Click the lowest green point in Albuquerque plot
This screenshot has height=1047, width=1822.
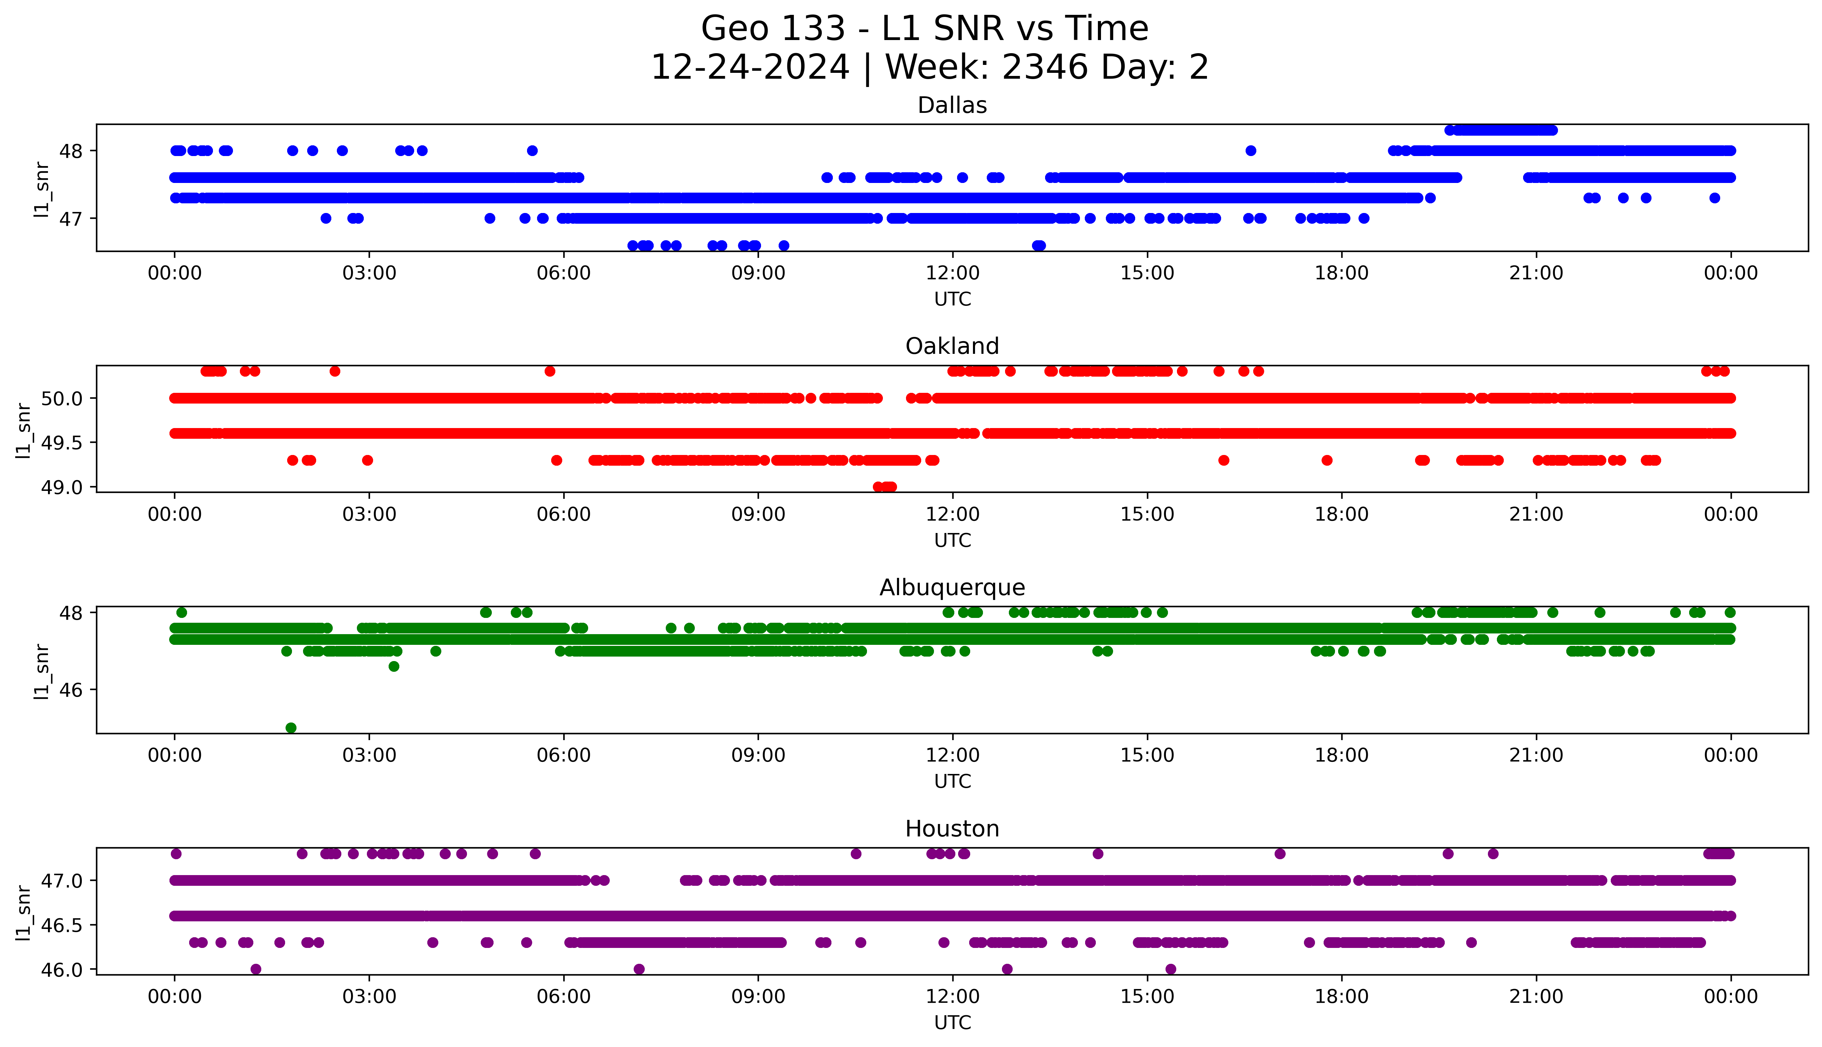point(291,728)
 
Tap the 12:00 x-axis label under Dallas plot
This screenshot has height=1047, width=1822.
point(952,273)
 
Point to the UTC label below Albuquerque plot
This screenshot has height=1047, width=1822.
point(952,781)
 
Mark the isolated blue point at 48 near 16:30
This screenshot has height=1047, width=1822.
point(1250,150)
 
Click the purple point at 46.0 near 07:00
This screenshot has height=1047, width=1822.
point(639,969)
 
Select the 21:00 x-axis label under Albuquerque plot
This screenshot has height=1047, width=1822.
point(1536,756)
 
